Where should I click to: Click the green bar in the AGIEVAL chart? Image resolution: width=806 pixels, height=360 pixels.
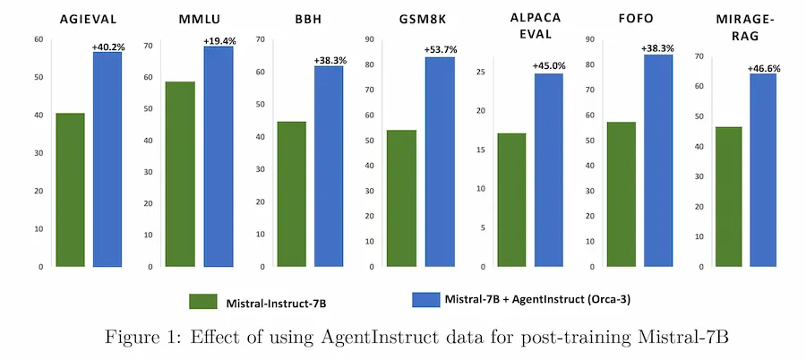click(70, 190)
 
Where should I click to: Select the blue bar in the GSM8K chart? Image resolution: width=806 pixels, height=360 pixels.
click(440, 161)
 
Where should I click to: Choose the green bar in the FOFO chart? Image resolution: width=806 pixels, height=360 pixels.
click(621, 194)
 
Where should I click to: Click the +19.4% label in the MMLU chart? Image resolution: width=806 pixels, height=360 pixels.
click(219, 41)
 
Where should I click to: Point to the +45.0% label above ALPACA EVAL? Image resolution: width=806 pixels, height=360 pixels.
click(550, 66)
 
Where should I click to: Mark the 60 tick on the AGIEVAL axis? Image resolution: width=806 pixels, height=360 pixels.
click(39, 39)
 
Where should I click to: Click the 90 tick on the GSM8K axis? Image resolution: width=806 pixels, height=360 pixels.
click(369, 39)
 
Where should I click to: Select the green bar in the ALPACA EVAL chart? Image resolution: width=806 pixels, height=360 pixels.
click(512, 200)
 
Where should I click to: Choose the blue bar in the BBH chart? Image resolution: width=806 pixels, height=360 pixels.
click(329, 167)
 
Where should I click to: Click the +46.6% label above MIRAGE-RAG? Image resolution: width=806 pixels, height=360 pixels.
click(765, 68)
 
